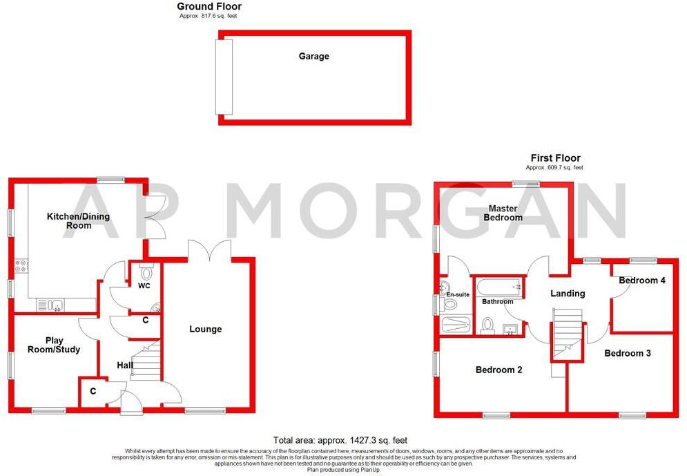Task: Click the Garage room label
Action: click(313, 56)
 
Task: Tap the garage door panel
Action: click(224, 77)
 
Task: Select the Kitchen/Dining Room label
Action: click(78, 221)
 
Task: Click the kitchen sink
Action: click(51, 305)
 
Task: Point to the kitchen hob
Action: click(20, 265)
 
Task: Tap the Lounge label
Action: click(206, 329)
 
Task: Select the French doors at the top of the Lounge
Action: click(211, 249)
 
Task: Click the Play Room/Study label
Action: click(53, 345)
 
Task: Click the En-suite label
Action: click(457, 295)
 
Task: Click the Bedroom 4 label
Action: click(642, 280)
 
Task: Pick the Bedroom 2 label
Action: click(499, 370)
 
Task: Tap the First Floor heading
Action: click(555, 158)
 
